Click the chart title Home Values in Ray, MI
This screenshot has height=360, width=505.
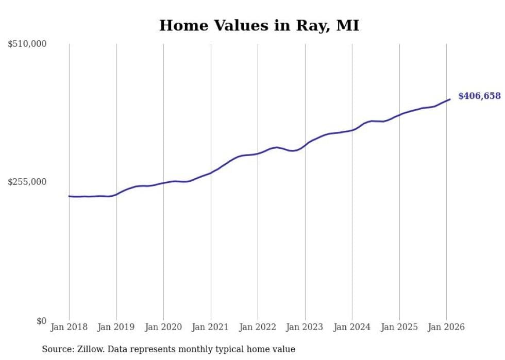(259, 25)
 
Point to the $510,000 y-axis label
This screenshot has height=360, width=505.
(27, 44)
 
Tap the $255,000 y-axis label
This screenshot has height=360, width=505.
(27, 182)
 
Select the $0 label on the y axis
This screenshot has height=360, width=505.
(41, 321)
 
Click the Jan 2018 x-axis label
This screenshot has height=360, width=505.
(69, 327)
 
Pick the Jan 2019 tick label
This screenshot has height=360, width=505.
(116, 327)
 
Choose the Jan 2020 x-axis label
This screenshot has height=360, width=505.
(163, 327)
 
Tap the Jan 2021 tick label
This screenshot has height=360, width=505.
(211, 327)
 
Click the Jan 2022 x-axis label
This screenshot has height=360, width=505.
(258, 327)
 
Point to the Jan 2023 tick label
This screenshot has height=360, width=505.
(305, 327)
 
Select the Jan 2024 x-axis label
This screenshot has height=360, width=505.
(352, 327)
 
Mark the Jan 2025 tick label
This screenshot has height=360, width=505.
(399, 327)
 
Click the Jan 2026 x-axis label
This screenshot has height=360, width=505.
(446, 327)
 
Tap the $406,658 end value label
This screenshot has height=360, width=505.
(479, 96)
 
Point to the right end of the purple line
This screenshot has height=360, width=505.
(450, 99)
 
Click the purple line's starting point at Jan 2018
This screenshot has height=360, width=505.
(69, 196)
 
